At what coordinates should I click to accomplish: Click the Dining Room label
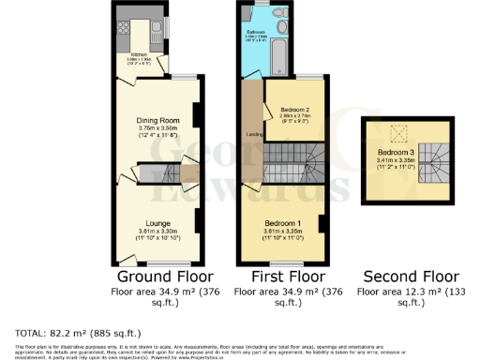(x=157, y=121)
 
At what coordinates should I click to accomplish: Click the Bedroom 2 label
(x=294, y=110)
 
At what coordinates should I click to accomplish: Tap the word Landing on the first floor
(x=252, y=133)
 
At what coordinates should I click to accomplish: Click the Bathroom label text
(x=258, y=31)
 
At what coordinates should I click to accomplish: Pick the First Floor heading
(x=288, y=277)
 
